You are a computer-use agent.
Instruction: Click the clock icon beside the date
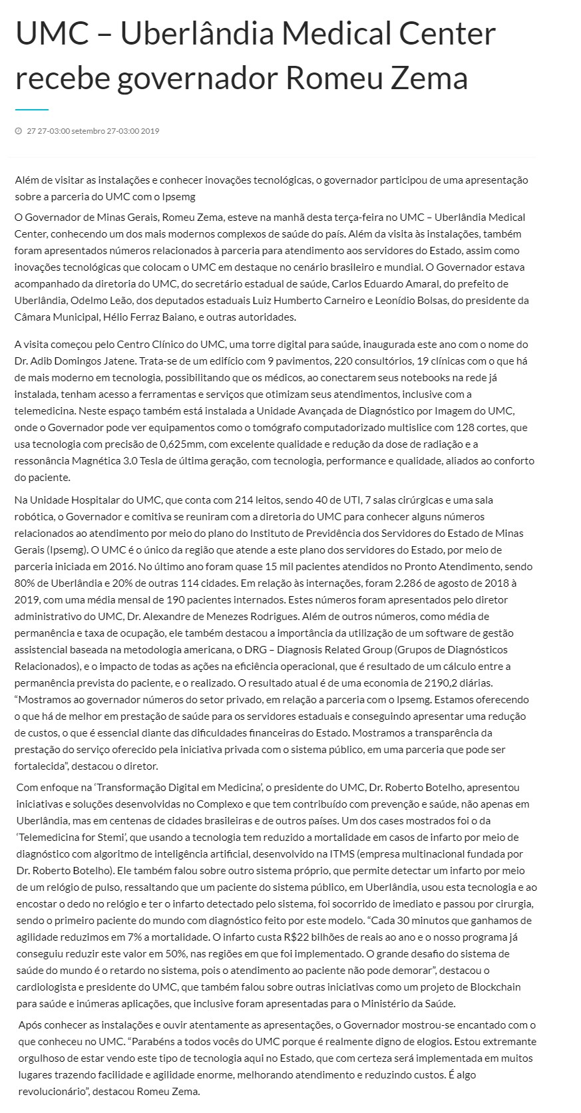(x=18, y=131)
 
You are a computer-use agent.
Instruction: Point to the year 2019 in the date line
(x=150, y=131)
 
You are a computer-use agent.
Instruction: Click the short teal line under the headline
(x=31, y=109)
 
